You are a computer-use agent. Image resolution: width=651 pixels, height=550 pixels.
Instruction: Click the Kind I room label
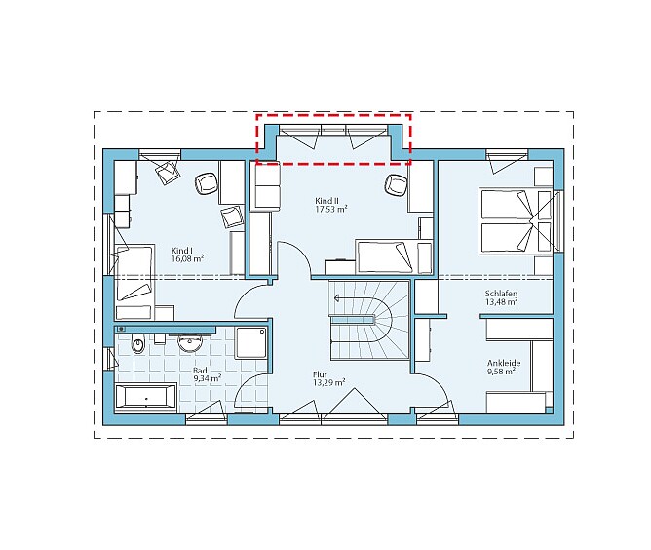click(x=182, y=251)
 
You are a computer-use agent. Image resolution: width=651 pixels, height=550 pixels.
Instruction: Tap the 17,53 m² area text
click(x=331, y=209)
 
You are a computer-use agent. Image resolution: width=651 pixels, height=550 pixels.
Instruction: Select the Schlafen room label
click(x=501, y=294)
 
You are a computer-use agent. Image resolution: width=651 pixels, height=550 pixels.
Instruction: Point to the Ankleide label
click(x=504, y=363)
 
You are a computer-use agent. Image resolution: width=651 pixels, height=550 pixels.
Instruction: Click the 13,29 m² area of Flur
click(x=328, y=382)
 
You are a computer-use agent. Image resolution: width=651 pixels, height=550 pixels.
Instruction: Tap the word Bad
click(x=200, y=371)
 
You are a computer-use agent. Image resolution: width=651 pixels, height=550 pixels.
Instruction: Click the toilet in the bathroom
click(x=138, y=344)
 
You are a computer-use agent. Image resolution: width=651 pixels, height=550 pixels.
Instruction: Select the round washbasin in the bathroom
click(x=190, y=343)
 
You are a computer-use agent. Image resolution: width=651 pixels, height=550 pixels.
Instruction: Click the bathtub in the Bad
click(x=146, y=397)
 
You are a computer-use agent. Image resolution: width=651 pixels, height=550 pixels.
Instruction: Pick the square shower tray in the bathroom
click(x=250, y=342)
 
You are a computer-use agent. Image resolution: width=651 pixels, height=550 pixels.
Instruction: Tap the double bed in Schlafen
click(x=516, y=221)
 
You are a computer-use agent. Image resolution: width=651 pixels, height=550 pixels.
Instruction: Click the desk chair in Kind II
click(x=396, y=185)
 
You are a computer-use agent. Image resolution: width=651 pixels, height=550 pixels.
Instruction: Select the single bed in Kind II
click(x=394, y=256)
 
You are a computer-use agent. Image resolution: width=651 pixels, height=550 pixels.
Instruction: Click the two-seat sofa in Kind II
click(x=267, y=185)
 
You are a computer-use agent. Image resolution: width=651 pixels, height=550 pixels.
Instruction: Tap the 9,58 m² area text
click(x=501, y=372)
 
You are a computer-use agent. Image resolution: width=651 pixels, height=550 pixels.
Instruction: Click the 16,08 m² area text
click(x=187, y=258)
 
